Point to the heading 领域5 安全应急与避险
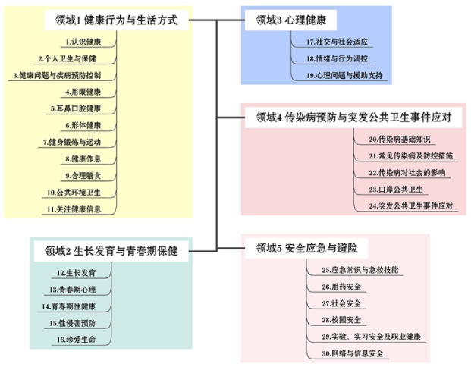click(306, 248)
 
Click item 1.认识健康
click(84, 41)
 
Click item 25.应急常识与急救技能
click(360, 270)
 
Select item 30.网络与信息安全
click(353, 353)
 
